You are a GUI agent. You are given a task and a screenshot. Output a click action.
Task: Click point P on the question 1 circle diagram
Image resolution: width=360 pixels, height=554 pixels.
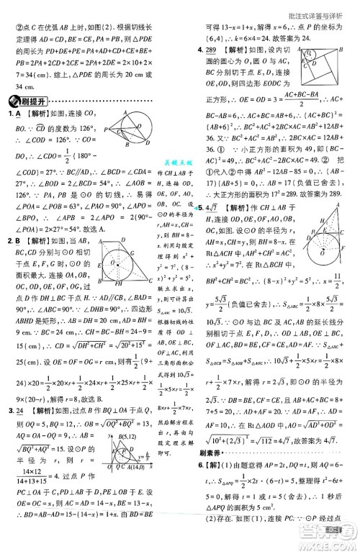coord(106,130)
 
